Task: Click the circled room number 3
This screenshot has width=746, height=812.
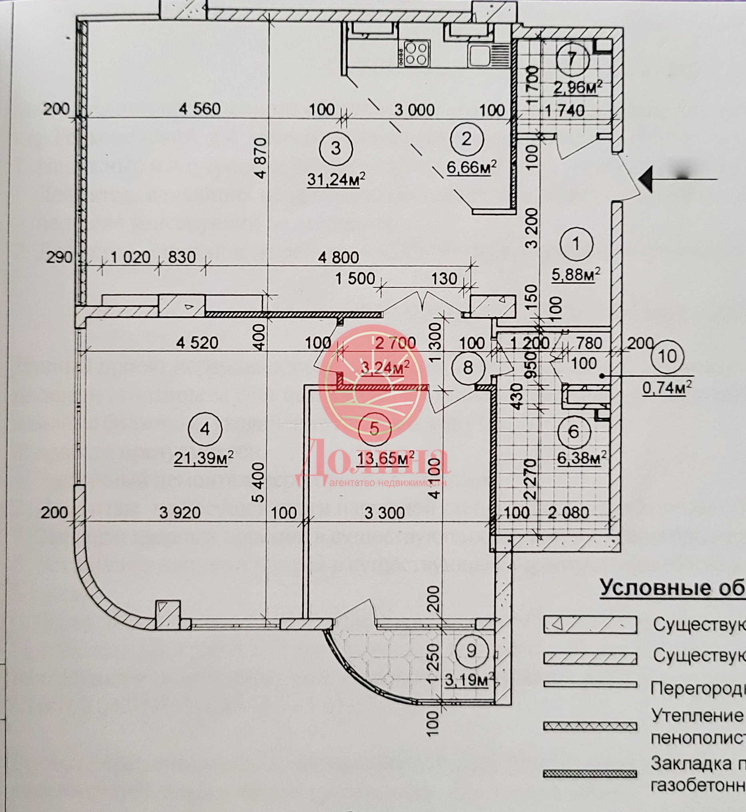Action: [336, 149]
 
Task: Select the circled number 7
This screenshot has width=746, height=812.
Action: [572, 60]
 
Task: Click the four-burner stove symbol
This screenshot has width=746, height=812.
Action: [416, 53]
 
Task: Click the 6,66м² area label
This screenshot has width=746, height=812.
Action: [471, 167]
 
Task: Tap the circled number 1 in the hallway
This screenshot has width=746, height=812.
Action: [576, 244]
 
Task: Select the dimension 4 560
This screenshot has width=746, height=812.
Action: [200, 109]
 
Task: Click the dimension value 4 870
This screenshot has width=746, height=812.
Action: [261, 158]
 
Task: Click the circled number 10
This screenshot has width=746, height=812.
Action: [667, 356]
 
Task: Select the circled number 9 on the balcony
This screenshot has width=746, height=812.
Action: [471, 651]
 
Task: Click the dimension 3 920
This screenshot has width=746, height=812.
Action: [180, 513]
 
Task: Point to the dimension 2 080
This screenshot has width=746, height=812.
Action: [568, 513]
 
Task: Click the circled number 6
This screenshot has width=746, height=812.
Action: [574, 432]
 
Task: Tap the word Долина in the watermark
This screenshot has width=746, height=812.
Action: [373, 460]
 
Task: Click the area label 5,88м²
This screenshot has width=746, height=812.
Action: [576, 275]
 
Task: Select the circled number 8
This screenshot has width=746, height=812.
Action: [468, 368]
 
